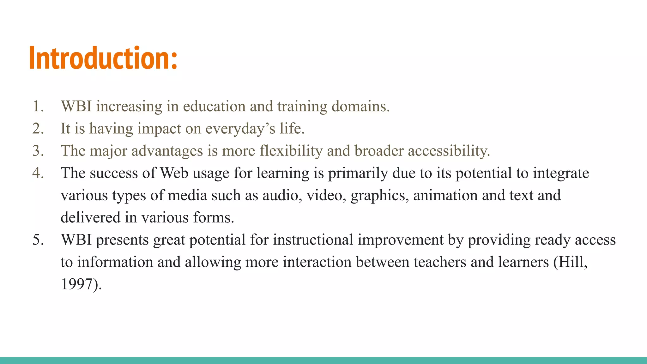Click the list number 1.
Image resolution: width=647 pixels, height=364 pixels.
(38, 106)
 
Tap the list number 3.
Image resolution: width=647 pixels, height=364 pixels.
(38, 151)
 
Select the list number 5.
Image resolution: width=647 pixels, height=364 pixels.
(38, 240)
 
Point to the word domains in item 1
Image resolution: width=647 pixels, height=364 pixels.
(360, 106)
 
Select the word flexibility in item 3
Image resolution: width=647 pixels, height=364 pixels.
(291, 151)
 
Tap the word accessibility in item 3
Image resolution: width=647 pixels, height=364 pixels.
(449, 151)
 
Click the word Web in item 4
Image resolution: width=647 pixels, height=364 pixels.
(174, 173)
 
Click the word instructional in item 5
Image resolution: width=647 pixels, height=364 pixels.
(313, 240)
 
